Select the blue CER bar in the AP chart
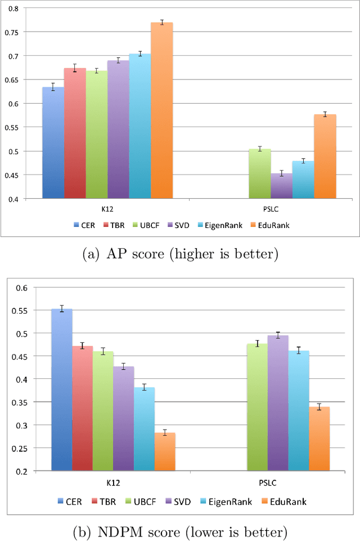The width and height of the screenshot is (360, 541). coord(53,143)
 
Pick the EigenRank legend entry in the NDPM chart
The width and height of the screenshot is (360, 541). coord(233,500)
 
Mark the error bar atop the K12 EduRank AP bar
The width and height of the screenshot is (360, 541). coord(161,23)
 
